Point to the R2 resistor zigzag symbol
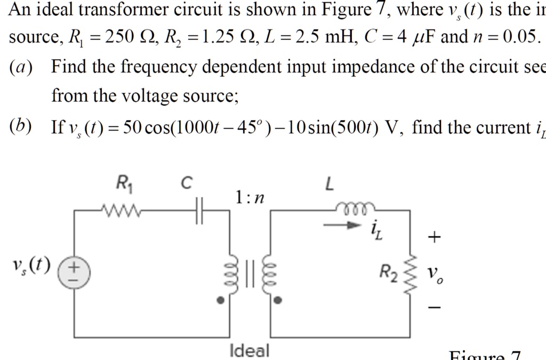point(409,274)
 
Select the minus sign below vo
point(435,308)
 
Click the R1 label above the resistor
point(125,185)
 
